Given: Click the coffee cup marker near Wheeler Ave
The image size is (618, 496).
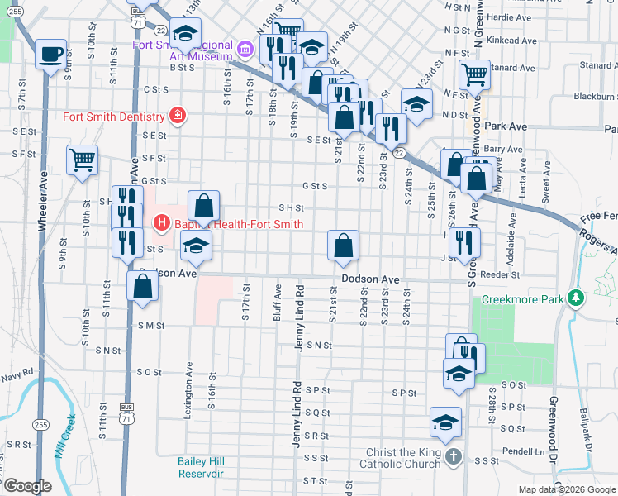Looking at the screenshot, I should [51, 55].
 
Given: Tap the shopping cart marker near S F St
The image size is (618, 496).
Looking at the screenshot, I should [83, 160].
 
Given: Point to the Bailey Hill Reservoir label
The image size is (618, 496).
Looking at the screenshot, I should [201, 467].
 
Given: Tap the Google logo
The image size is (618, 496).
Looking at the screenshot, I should [27, 486].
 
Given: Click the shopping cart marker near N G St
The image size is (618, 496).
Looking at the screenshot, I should [475, 75].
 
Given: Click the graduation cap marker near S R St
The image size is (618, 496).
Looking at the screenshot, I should [445, 422].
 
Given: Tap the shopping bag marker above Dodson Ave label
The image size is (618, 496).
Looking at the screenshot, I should [343, 245].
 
